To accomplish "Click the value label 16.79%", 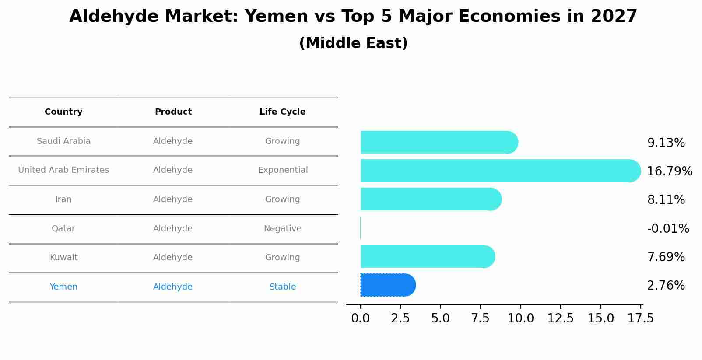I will (x=669, y=171).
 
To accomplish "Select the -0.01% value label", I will (x=668, y=228).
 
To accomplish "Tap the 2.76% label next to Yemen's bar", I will (x=666, y=286).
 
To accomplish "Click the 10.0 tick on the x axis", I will (x=520, y=318).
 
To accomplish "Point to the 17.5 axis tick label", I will (x=641, y=318).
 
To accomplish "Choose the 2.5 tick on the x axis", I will (x=400, y=318).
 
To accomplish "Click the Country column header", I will (x=63, y=112).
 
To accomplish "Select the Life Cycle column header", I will (x=282, y=112).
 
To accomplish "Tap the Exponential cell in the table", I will (x=283, y=170).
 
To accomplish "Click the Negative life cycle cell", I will (x=282, y=229).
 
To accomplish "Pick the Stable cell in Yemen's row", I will (x=282, y=287).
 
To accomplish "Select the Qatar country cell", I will (x=63, y=229).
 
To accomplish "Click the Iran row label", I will (x=63, y=199).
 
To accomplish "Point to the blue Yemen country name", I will (x=63, y=287).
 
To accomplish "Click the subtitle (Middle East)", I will (x=353, y=43).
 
